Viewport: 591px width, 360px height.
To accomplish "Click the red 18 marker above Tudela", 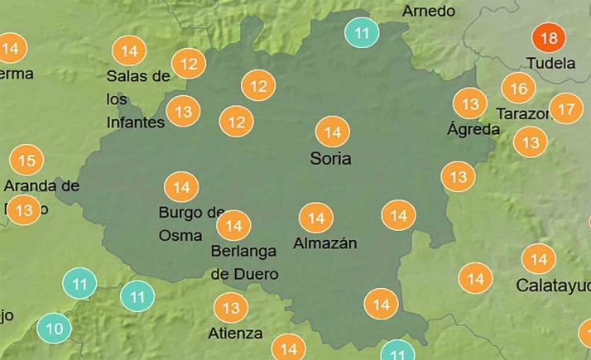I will tap(548, 38).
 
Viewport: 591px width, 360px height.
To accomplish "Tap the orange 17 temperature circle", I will tap(566, 108).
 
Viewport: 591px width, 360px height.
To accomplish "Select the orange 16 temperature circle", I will tap(518, 88).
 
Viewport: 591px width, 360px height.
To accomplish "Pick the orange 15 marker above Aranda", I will tap(26, 161).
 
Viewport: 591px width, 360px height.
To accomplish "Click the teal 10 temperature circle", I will tap(55, 329).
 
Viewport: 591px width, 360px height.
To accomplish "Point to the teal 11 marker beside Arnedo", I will tap(362, 34).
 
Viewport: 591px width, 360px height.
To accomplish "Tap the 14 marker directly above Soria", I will tap(333, 132).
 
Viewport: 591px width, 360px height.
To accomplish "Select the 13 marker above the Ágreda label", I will tap(470, 104).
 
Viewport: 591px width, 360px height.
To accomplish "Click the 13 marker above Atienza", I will tap(230, 309).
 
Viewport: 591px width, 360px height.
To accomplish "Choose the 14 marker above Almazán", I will tap(315, 218).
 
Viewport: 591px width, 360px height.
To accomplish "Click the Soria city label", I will tap(330, 158).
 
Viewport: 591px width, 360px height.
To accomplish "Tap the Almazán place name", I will tap(325, 243).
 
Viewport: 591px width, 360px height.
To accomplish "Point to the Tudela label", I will tap(551, 63).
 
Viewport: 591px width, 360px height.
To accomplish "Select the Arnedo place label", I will tap(429, 12).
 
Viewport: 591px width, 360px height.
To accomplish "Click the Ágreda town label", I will tap(473, 129).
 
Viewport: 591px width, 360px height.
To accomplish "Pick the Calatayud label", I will tap(553, 286).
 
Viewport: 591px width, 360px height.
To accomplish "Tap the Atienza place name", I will tap(237, 334).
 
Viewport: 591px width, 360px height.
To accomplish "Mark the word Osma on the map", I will tap(180, 235).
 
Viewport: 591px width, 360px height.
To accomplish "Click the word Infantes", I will tap(136, 122).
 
